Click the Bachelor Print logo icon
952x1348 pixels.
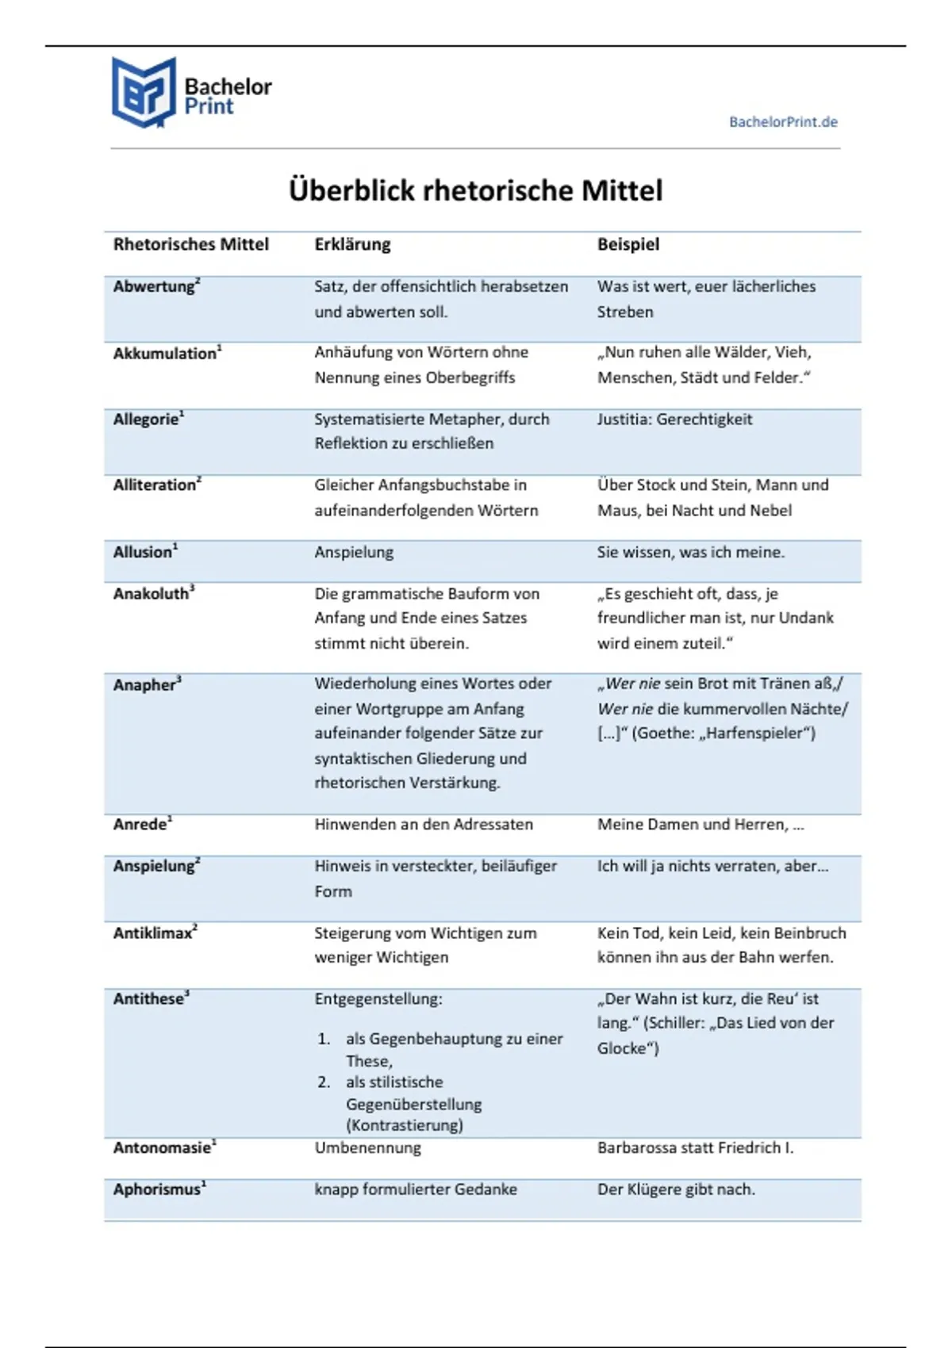(144, 93)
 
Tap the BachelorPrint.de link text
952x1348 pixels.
(783, 122)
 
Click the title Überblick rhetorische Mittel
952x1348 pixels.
(475, 191)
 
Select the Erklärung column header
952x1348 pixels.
(352, 244)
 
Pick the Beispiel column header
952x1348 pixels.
(628, 244)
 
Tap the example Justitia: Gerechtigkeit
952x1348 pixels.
(674, 419)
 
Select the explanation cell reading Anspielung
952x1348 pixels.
(354, 552)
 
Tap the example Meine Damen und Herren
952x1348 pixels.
(701, 825)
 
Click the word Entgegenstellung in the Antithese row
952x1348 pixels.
(378, 999)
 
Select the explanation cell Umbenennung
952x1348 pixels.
(367, 1147)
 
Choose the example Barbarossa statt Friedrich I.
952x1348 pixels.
(695, 1147)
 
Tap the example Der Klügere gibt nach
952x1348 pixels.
(676, 1189)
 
